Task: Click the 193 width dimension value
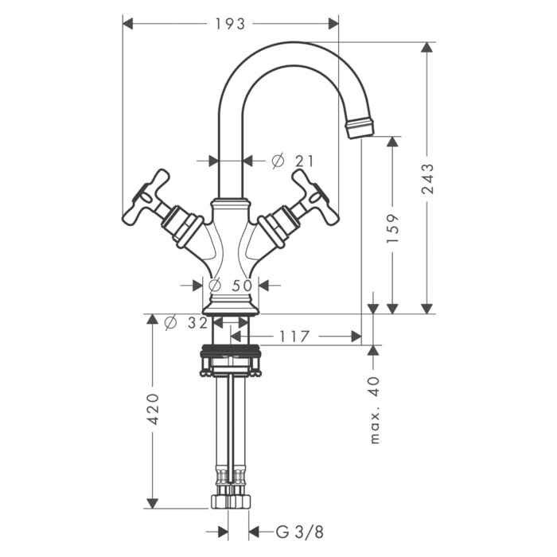230,24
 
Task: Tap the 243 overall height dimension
427,179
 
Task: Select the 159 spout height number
392,228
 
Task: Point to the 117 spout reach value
294,337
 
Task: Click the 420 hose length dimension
153,409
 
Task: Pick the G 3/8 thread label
300,532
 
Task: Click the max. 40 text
375,411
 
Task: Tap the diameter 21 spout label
293,161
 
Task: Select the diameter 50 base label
231,285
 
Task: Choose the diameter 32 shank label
186,323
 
